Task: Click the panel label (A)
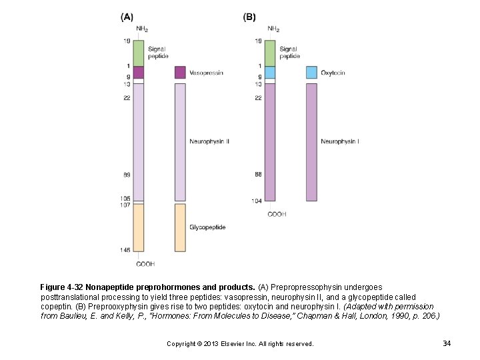click(126, 17)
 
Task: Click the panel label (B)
click(249, 17)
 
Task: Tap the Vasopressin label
click(207, 72)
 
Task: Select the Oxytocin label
click(333, 72)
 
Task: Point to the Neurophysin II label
click(209, 141)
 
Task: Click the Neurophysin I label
click(340, 141)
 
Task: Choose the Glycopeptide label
click(207, 227)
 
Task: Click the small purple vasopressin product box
click(180, 72)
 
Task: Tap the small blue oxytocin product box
click(311, 72)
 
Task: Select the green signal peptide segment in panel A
click(138, 53)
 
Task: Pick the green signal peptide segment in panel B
click(270, 53)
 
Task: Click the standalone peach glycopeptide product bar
click(180, 227)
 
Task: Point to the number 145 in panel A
click(125, 250)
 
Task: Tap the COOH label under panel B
click(277, 214)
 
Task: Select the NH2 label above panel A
click(142, 29)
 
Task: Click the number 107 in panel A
click(125, 205)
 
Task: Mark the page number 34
click(447, 343)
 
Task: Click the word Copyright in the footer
click(181, 344)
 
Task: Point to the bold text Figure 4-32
click(61, 287)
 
